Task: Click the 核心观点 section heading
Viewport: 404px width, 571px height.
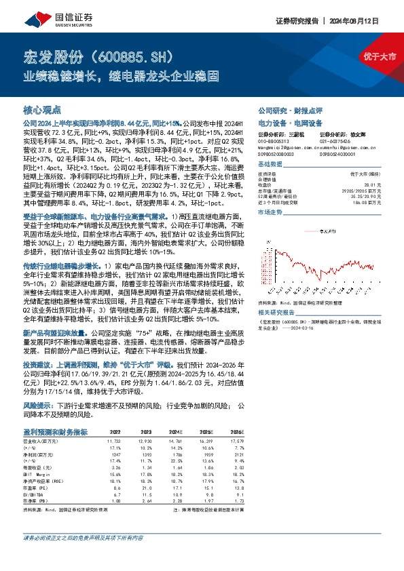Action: (x=42, y=109)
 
